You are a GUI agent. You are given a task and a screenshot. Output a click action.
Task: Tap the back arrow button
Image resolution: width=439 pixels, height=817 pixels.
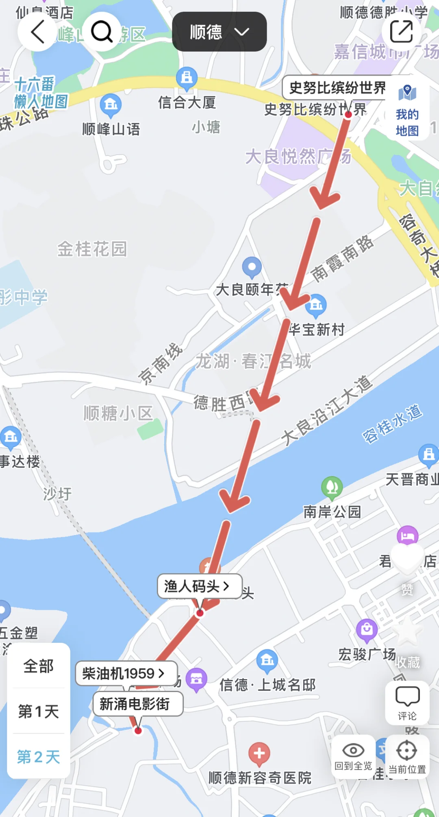click(x=37, y=32)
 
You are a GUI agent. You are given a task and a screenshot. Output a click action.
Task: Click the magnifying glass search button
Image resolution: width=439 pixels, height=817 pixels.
click(x=102, y=32)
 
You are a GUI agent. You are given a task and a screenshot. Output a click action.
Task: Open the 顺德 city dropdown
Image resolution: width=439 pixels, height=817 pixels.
click(x=219, y=32)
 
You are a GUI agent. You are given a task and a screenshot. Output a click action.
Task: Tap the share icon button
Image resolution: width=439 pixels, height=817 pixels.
click(x=401, y=32)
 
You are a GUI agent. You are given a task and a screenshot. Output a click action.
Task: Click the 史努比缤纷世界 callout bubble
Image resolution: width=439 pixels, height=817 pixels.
click(x=337, y=87)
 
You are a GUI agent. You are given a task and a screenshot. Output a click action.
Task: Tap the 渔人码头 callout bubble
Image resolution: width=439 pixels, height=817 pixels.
click(x=200, y=586)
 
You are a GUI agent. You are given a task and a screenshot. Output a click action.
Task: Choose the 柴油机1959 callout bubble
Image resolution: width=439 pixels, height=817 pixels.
click(x=126, y=673)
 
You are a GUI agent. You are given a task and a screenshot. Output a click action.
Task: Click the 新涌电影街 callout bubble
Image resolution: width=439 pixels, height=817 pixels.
click(x=138, y=704)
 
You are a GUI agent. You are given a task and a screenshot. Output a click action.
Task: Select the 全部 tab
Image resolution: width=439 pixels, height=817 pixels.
click(x=39, y=666)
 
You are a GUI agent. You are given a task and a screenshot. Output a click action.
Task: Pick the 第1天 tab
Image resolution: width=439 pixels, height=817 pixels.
click(x=39, y=712)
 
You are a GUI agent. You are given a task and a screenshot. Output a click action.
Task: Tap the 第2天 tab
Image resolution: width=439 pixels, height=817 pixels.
click(x=39, y=757)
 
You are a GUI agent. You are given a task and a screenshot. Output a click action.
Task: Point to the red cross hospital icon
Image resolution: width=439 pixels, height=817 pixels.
click(x=259, y=753)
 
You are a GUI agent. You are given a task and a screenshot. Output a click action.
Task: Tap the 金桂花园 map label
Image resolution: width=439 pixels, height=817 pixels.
click(x=92, y=249)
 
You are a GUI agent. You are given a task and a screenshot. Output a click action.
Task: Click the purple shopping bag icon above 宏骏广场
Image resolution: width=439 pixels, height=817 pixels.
click(x=367, y=629)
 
